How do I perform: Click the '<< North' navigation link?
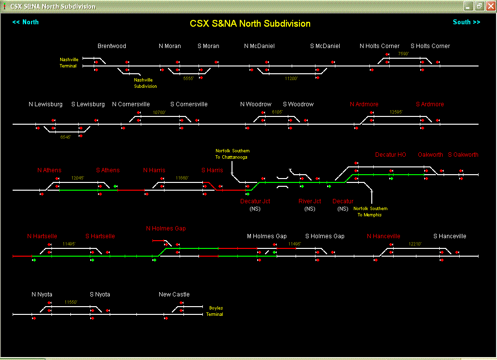[25, 22]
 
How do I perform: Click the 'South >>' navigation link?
[466, 22]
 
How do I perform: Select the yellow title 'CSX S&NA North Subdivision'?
[250, 23]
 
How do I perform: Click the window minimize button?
[468, 6]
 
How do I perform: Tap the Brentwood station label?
[112, 46]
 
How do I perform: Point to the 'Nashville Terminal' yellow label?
[68, 63]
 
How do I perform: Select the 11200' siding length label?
[291, 78]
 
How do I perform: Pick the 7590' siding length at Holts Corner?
[403, 54]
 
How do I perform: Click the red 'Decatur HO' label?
[390, 155]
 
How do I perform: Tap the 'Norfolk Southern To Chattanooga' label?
[232, 154]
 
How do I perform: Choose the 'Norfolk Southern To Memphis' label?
[370, 212]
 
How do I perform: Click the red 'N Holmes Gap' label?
[166, 229]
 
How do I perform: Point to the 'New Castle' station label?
[174, 295]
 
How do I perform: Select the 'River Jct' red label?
[310, 201]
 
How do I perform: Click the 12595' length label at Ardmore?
[396, 112]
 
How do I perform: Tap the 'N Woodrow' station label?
[256, 104]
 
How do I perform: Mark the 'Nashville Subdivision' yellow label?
[146, 83]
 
